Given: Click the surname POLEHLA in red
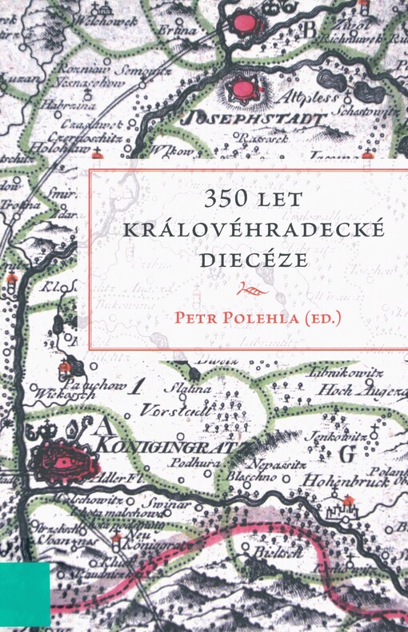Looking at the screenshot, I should point(269,317).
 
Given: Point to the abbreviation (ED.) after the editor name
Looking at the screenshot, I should point(322,317).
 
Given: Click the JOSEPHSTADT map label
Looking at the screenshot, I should point(254,119).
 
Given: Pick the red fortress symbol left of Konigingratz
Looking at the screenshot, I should point(67,457).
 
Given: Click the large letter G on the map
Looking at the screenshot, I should point(346,454).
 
